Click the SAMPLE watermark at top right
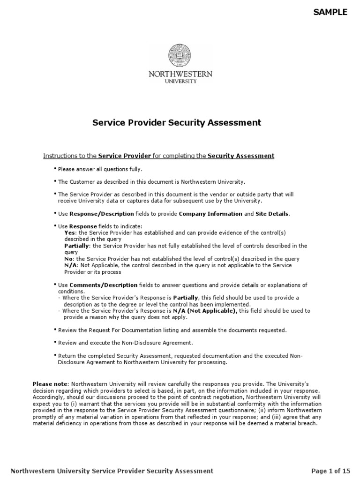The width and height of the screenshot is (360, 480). [330, 12]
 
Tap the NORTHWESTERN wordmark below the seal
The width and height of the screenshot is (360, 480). [180, 74]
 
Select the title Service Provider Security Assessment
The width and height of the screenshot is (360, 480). [176, 123]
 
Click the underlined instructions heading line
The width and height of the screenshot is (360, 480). [158, 156]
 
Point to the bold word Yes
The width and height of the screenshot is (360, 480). [69, 233]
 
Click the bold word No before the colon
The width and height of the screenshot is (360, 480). [68, 259]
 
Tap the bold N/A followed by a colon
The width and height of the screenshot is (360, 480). [70, 265]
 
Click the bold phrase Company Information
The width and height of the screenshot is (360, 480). [210, 214]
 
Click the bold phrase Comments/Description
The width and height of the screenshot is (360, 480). [104, 285]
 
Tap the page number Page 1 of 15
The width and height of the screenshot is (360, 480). [330, 471]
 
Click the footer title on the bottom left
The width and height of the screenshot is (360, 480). [112, 471]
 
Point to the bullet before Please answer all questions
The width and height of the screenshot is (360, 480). [55, 168]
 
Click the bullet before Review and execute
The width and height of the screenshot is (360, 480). [55, 342]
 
